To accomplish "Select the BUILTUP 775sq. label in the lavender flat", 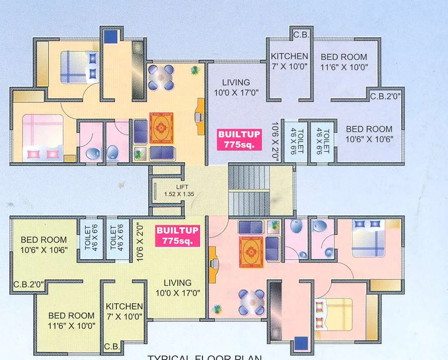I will pyautogui.click(x=236, y=139).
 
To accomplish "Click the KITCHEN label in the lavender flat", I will pyautogui.click(x=289, y=61).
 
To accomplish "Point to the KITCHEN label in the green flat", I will pyautogui.click(x=124, y=311).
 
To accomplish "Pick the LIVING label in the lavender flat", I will pyautogui.click(x=236, y=87).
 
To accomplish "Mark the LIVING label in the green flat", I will pyautogui.click(x=178, y=288).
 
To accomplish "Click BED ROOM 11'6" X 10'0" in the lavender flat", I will pyautogui.click(x=344, y=62).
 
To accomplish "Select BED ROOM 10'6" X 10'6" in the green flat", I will pyautogui.click(x=44, y=245).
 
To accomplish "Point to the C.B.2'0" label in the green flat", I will pyautogui.click(x=29, y=284).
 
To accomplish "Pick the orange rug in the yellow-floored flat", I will pyautogui.click(x=161, y=126).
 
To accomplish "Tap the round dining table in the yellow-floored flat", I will pyautogui.click(x=161, y=77).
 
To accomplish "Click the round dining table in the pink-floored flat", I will pyautogui.click(x=251, y=301).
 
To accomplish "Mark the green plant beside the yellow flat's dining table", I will pyautogui.click(x=195, y=71).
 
